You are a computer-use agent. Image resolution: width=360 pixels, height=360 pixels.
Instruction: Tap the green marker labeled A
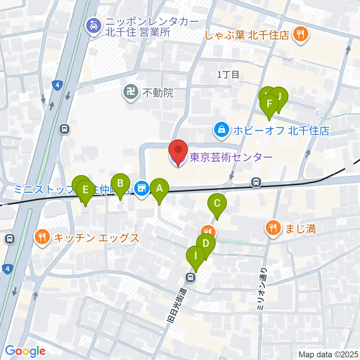coord(159,189)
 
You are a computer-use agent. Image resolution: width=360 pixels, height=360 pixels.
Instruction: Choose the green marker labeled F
coord(269,103)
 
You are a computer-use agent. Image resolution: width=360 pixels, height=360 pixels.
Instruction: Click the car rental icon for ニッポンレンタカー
coord(93,26)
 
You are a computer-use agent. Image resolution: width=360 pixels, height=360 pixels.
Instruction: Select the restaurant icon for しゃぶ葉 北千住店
coord(300,35)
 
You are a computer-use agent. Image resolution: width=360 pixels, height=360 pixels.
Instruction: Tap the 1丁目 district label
coord(228,74)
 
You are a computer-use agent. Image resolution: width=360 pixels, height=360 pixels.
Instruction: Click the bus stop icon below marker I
coord(190,278)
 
